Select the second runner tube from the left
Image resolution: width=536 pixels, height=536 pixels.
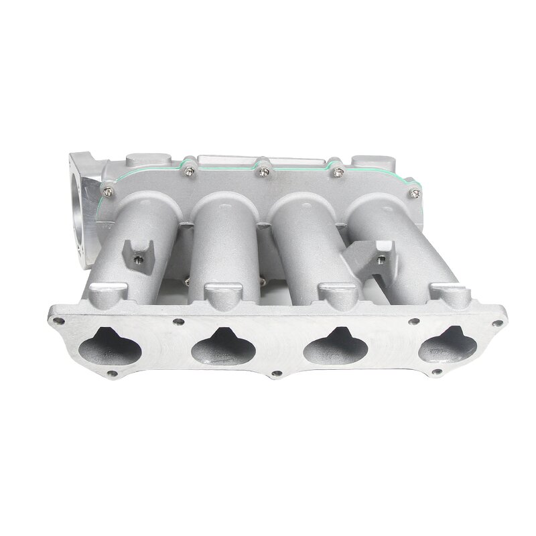click(x=228, y=234)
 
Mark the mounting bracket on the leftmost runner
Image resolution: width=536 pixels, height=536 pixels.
click(x=136, y=251)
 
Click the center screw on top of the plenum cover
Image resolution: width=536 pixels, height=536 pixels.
click(x=263, y=172)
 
